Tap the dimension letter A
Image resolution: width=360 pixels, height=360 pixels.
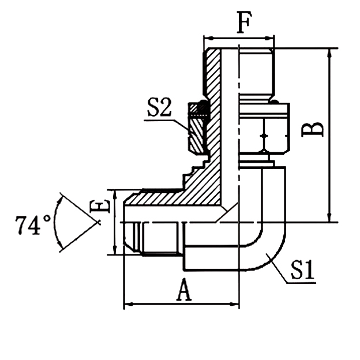[x=183, y=291]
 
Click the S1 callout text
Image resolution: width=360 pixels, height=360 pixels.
[x=302, y=270]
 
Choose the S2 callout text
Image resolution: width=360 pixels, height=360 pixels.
[x=159, y=108]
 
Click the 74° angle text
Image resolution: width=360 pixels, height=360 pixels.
[x=34, y=225]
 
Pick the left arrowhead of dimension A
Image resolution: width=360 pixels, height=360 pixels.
[x=128, y=303]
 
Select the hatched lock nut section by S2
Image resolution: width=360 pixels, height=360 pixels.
[x=197, y=132]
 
